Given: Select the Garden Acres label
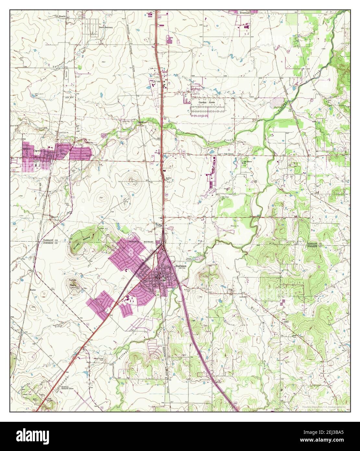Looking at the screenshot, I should (x=207, y=102).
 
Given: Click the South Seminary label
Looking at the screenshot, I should (x=106, y=28).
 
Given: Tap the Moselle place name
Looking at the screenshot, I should (x=63, y=16).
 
